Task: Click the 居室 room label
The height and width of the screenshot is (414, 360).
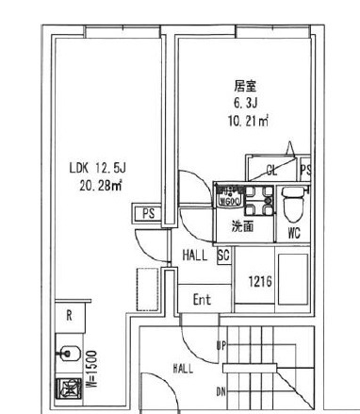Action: tap(245, 84)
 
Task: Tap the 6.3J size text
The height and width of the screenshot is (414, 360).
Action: tap(246, 102)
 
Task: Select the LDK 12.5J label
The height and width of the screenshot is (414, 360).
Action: tap(97, 169)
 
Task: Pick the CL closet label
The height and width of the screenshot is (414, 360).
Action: tap(271, 171)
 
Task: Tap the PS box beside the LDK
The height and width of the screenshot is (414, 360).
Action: tap(147, 214)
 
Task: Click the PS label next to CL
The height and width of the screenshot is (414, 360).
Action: tap(304, 171)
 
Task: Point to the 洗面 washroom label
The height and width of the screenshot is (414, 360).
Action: tap(242, 226)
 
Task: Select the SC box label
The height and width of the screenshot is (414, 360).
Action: tap(224, 255)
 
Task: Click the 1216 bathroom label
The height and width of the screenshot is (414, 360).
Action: tap(261, 281)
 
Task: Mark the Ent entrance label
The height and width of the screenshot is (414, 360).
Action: tap(202, 299)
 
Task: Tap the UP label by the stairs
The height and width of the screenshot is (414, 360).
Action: tap(222, 347)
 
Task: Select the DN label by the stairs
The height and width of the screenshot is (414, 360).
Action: tap(222, 390)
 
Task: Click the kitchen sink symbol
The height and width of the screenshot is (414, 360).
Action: tap(69, 355)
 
